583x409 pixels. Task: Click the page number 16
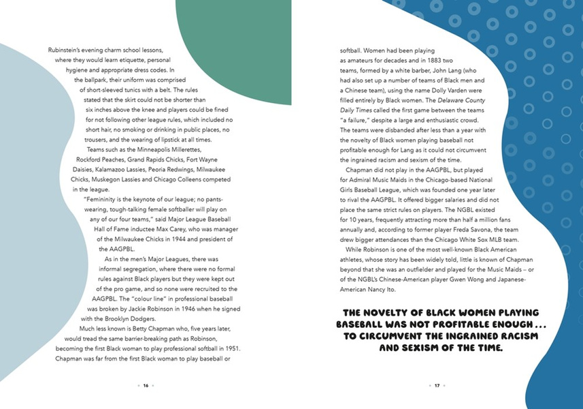tap(146, 385)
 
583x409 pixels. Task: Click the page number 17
tap(437, 385)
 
